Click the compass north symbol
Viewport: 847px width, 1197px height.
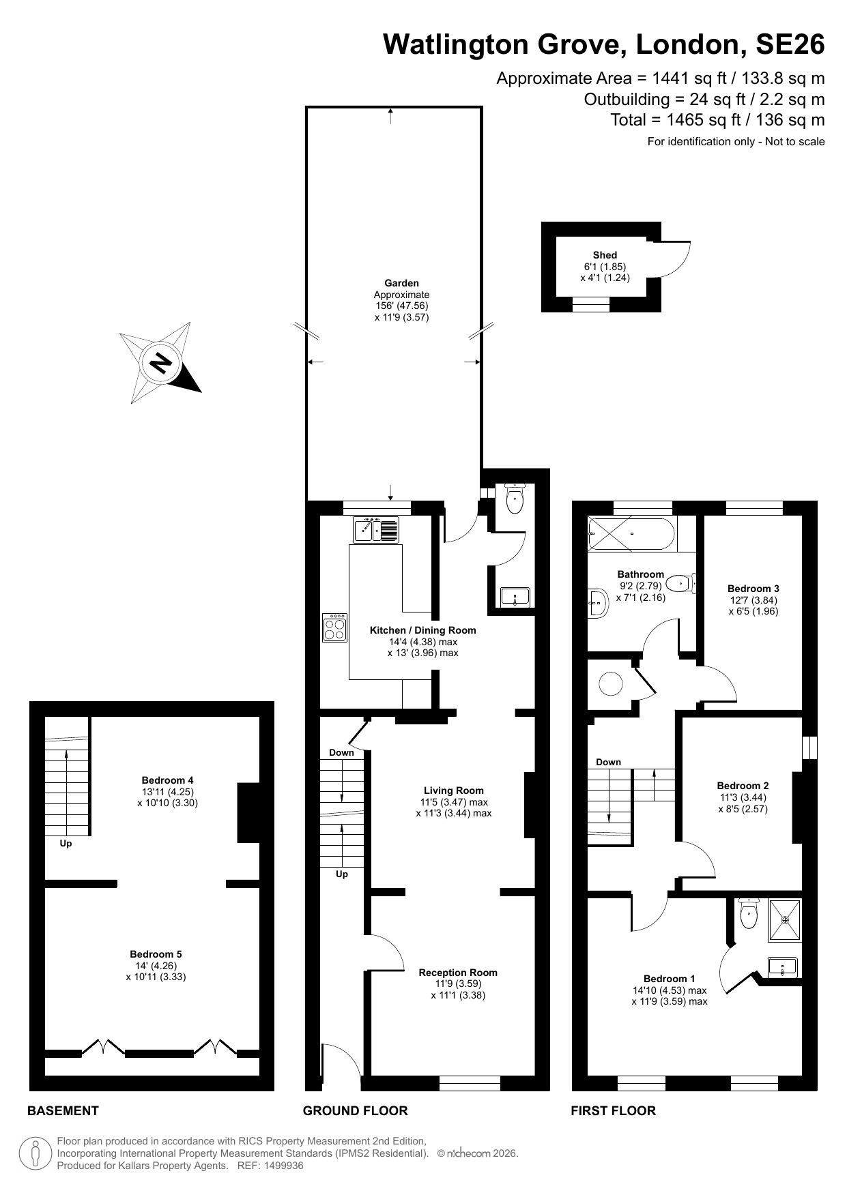(x=161, y=363)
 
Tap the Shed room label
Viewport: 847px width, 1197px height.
(x=605, y=255)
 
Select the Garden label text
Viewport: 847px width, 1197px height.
(x=401, y=283)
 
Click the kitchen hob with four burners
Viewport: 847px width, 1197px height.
(x=334, y=628)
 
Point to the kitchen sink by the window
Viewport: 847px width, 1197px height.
(x=375, y=530)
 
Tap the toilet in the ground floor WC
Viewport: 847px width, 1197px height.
(x=514, y=499)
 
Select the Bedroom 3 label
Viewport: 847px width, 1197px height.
(x=753, y=589)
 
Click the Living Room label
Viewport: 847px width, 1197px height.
(x=453, y=791)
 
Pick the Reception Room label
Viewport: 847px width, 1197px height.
(x=458, y=973)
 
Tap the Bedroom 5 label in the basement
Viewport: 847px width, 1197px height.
(x=156, y=954)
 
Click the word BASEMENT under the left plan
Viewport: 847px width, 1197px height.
(x=63, y=1111)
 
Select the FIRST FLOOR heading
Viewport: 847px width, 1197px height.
(x=613, y=1111)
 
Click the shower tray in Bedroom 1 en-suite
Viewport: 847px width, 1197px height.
(x=785, y=919)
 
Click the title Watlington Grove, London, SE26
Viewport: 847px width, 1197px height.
(x=603, y=44)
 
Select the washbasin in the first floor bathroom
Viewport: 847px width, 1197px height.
(x=598, y=603)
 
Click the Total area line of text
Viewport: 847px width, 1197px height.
(x=717, y=120)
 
